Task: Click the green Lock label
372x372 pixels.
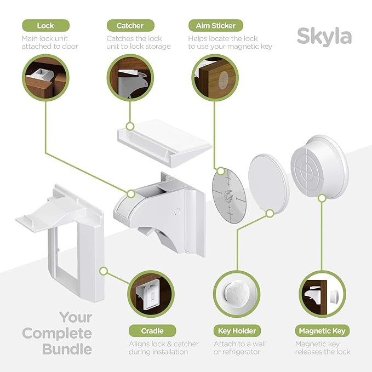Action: pos(45,25)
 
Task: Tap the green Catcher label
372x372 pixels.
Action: pos(130,25)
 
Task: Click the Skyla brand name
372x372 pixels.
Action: pos(324,36)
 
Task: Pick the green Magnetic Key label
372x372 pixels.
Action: pos(322,331)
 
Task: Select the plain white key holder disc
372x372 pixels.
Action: pos(268,179)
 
